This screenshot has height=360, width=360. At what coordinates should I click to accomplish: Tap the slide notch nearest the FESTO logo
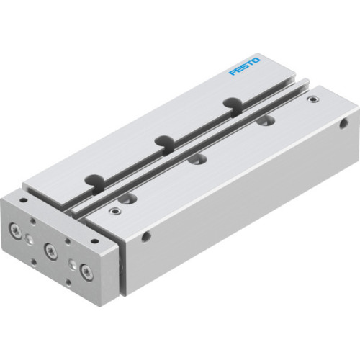click(230, 103)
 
